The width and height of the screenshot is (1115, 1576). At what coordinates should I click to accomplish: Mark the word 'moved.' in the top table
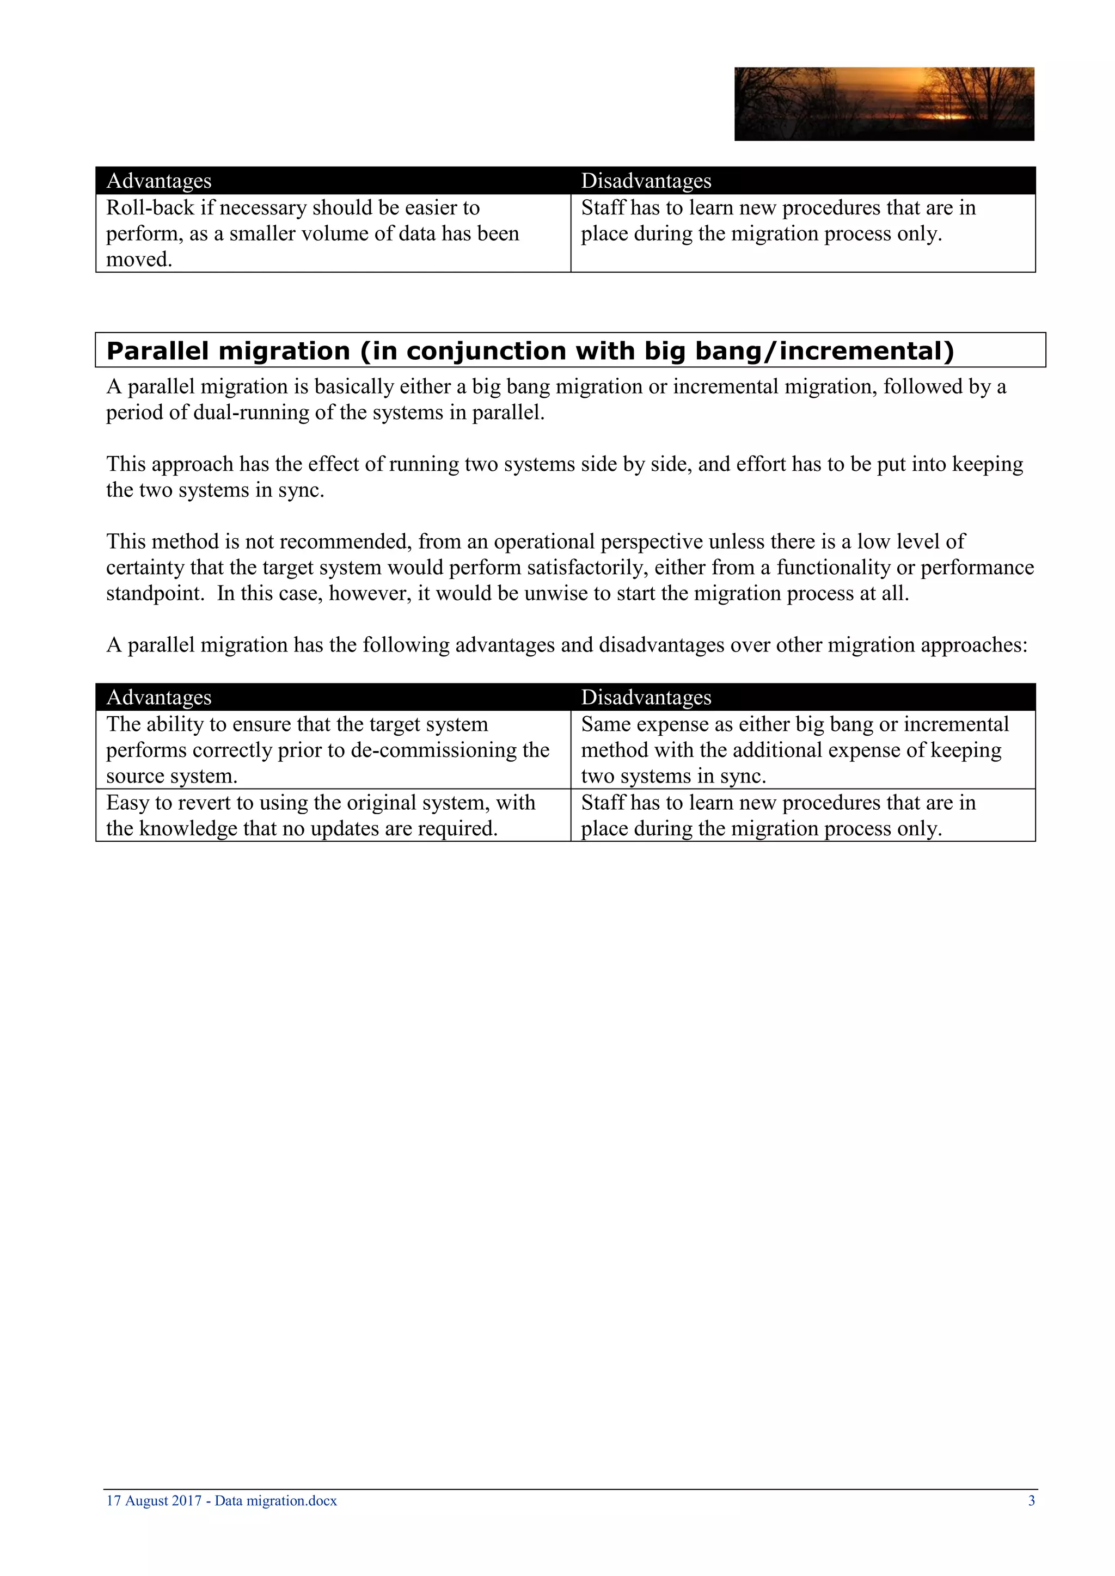coord(139,260)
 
